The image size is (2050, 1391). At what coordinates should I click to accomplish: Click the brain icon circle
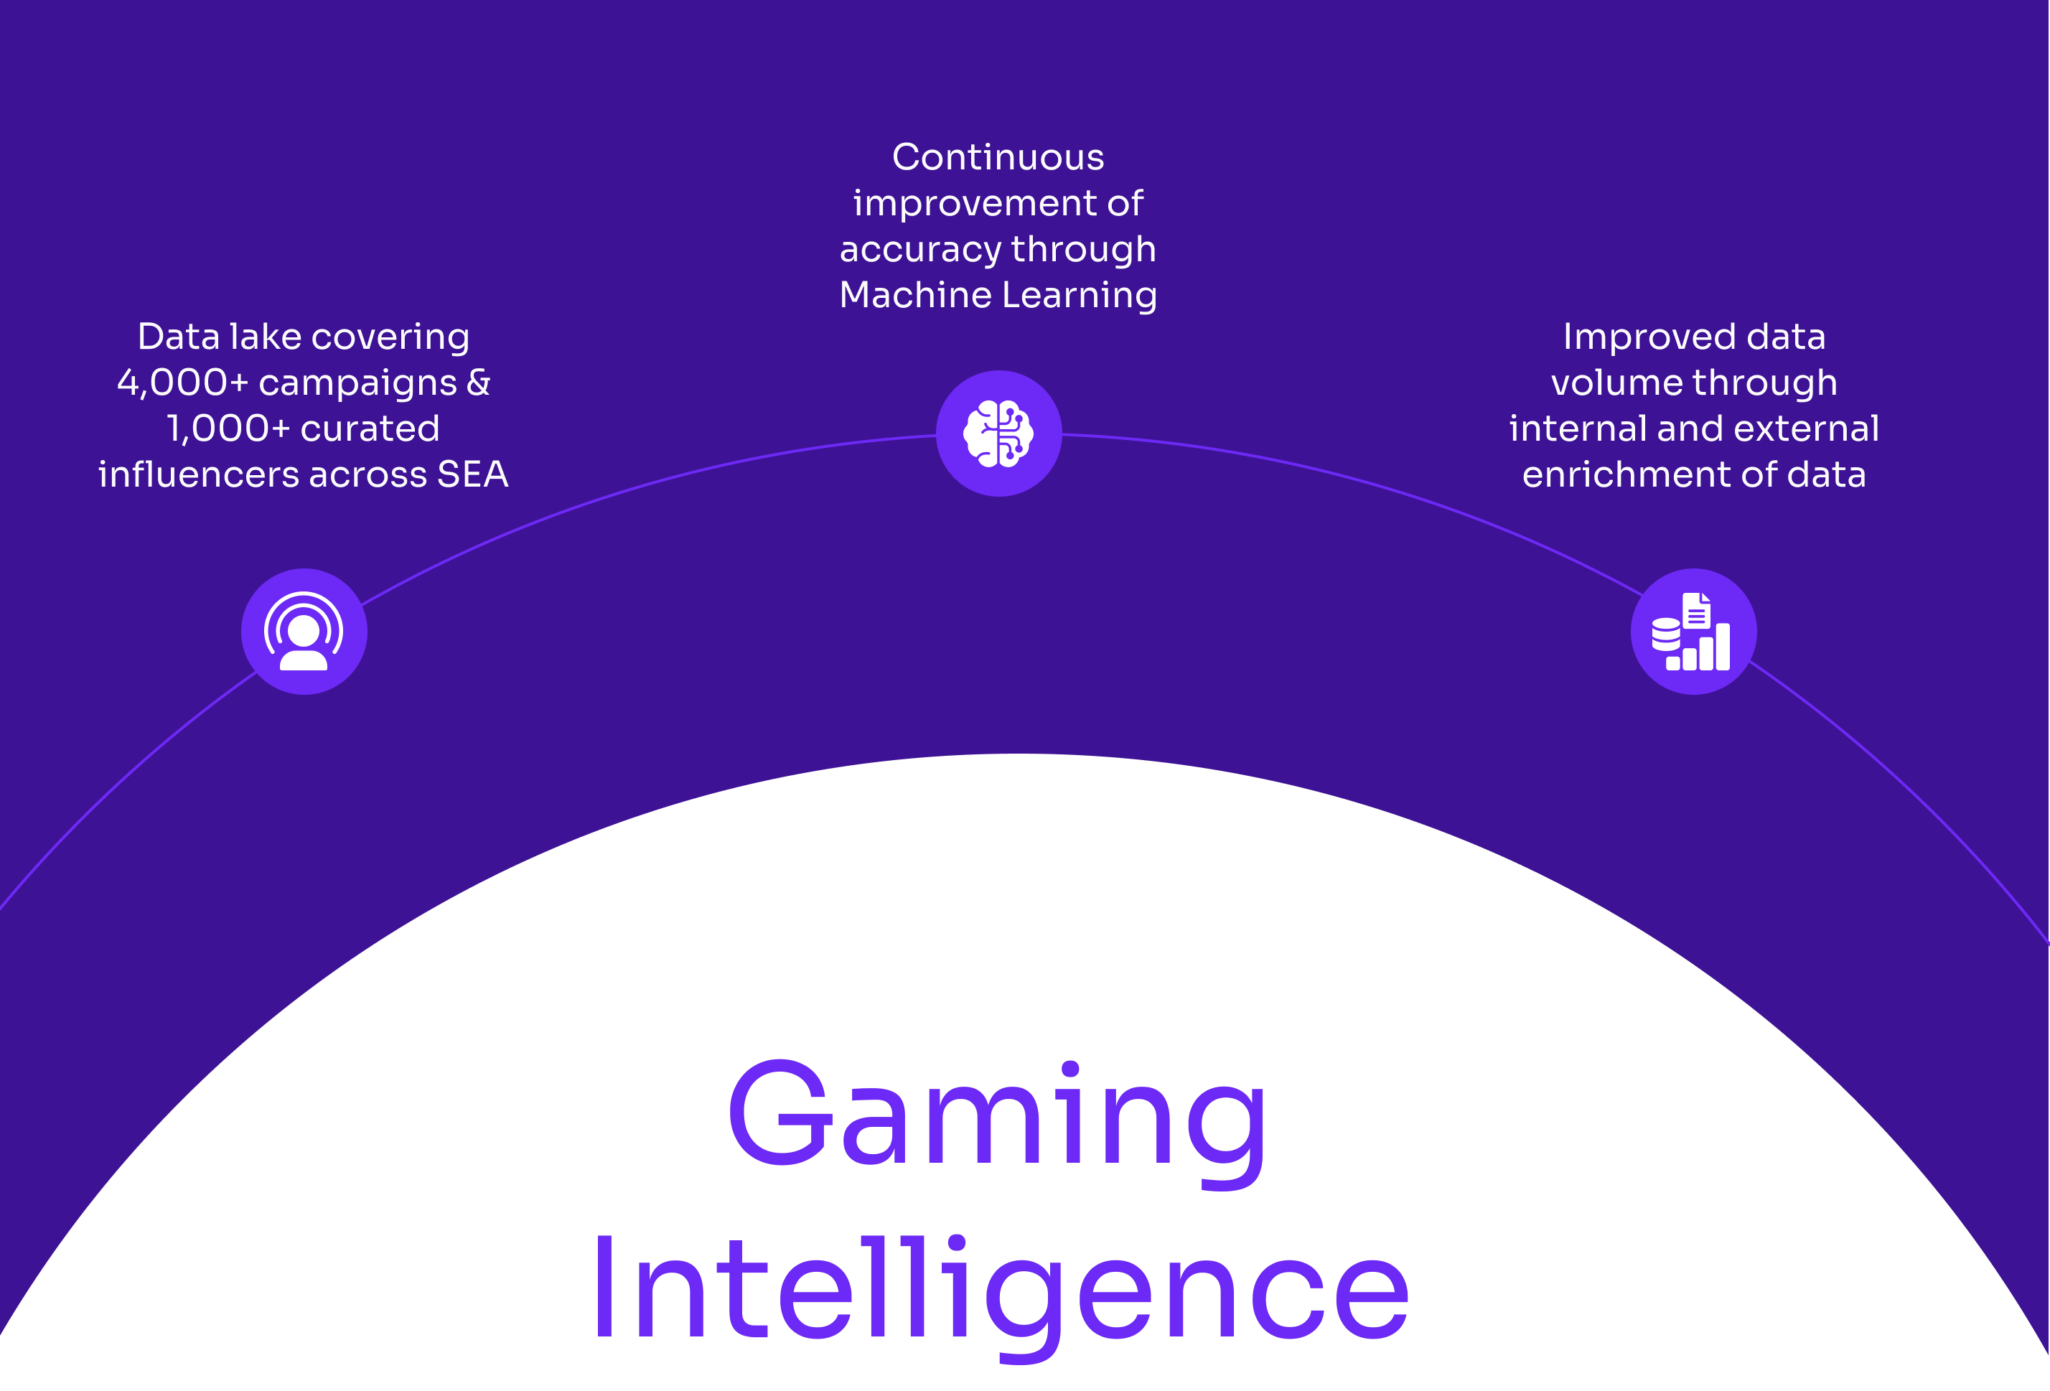coord(998,433)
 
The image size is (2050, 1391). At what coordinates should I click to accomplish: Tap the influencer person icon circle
coord(304,632)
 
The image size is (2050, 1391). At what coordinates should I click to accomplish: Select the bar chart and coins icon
coord(1693,632)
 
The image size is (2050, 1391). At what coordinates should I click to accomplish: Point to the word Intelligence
coord(1001,1290)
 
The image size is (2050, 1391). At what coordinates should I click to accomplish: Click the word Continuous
coord(998,158)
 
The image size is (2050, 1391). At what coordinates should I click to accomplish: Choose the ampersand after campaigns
coord(479,383)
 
